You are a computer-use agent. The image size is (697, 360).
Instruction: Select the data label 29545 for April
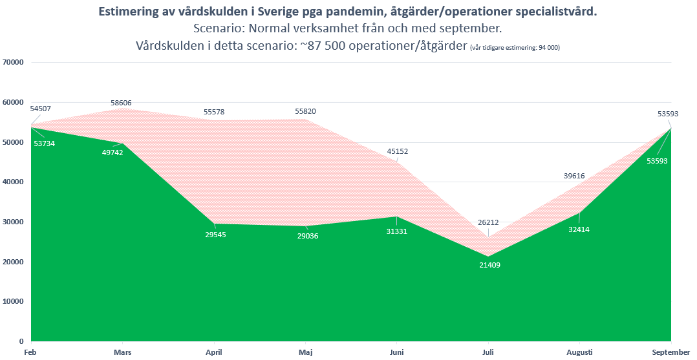pos(214,234)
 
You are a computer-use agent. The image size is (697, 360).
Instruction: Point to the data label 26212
pos(488,222)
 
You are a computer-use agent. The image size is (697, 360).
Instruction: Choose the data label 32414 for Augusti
pos(579,229)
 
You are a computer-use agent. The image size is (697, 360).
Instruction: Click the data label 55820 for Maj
pos(305,111)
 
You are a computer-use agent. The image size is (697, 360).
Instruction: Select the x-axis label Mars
pos(122,352)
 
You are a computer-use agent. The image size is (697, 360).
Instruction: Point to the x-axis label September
pos(670,352)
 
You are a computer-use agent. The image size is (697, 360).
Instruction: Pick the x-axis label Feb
pos(30,352)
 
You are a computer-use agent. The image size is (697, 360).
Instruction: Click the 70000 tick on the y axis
pos(14,63)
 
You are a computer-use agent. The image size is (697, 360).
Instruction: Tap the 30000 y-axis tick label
pos(14,222)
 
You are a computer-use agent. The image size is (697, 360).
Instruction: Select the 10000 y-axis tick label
pos(14,301)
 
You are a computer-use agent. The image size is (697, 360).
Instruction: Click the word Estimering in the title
pos(127,12)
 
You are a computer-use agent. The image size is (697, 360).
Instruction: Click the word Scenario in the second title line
pos(219,29)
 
